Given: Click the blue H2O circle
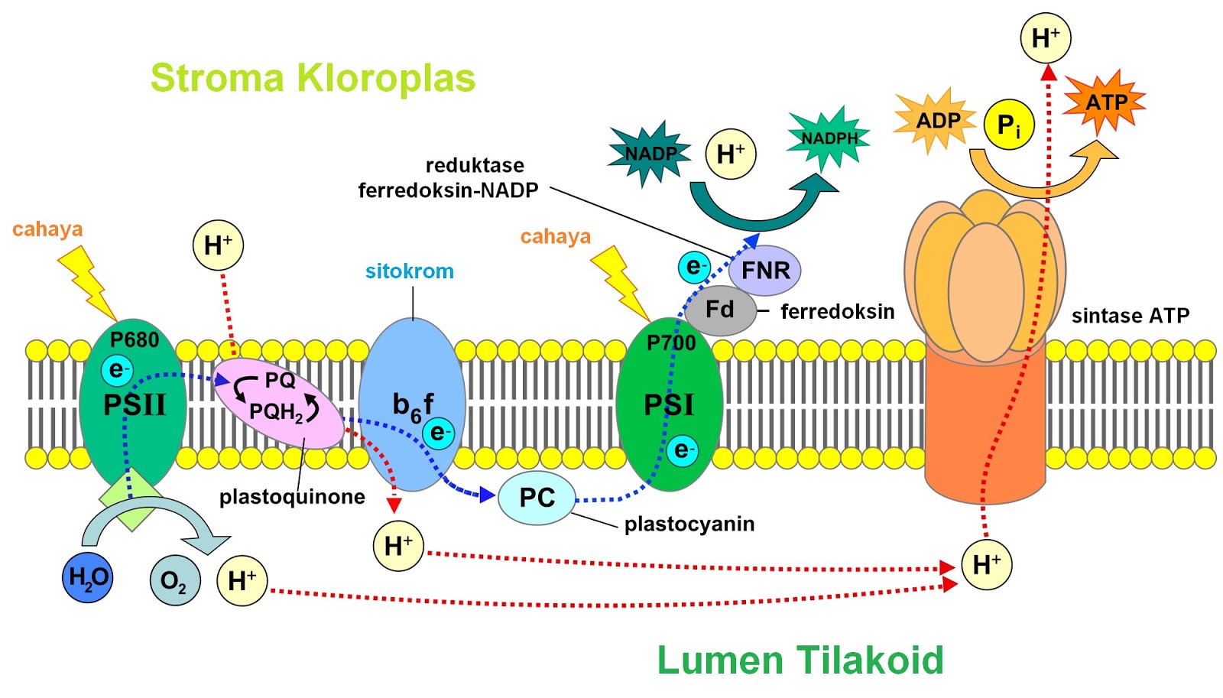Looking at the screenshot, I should coord(87,577).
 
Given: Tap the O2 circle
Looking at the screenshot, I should coord(175,580).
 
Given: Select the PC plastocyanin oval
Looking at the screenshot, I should coord(537,498).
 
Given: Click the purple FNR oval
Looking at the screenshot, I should coord(764,270).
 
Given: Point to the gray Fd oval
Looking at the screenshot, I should coord(720,310).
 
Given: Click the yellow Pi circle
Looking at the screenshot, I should coord(1008,125).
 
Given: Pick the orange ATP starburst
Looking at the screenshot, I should coord(1105,102).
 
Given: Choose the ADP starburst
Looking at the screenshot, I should coord(937,121).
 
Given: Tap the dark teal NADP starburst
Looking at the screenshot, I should coord(650,153).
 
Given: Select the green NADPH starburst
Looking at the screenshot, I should coord(829,138).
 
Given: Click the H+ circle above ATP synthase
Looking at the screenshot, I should coord(1045,37).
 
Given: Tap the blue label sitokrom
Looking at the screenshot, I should coord(409,271).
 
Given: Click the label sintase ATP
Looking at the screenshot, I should coord(1130,316).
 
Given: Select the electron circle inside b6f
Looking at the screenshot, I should coord(438,433).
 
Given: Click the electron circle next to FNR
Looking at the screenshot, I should coord(694,267).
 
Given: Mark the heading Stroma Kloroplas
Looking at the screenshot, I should coord(313,78).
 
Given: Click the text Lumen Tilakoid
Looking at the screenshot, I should coord(800,660).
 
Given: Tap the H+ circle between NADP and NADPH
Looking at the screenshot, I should coord(730,154).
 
